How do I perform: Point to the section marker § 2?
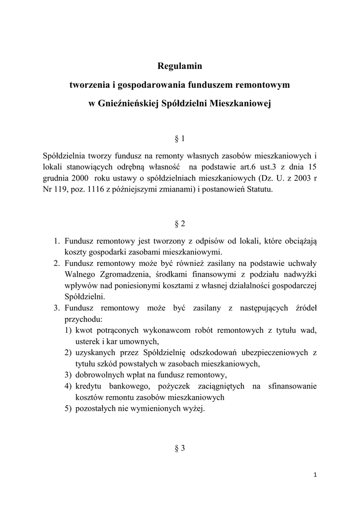[180, 224]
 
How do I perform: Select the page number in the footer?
[315, 475]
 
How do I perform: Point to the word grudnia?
[56, 178]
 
